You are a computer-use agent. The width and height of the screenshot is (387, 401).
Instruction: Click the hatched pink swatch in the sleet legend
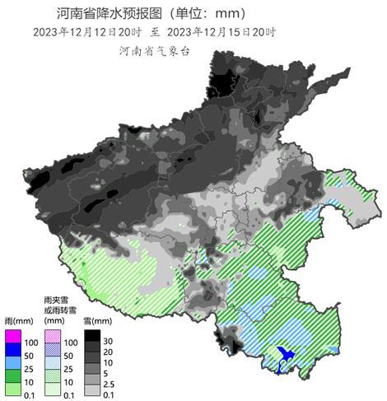click(54, 336)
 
